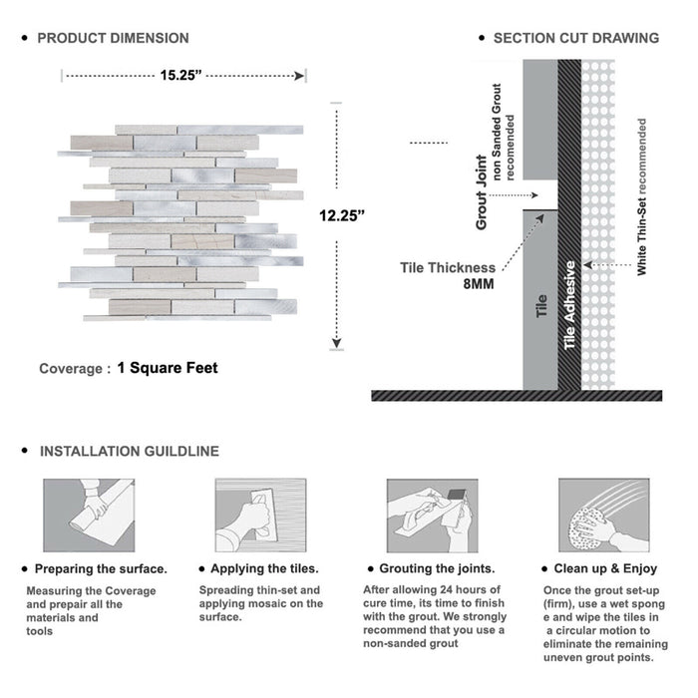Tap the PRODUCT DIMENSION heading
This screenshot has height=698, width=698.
pyautogui.click(x=113, y=38)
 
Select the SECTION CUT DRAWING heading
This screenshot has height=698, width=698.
pyautogui.click(x=575, y=38)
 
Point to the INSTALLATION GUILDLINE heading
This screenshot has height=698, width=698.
pyautogui.click(x=129, y=451)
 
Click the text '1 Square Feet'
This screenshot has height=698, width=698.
pyautogui.click(x=168, y=368)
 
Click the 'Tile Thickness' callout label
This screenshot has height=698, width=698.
pyautogui.click(x=448, y=267)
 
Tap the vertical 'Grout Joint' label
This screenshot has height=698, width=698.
pyautogui.click(x=482, y=192)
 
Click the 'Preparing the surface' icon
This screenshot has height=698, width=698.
pyautogui.click(x=88, y=516)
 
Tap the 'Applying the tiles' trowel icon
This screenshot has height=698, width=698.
pyautogui.click(x=259, y=516)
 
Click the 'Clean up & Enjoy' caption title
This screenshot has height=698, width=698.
pyautogui.click(x=606, y=569)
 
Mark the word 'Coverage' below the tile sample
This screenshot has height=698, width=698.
pyautogui.click(x=70, y=369)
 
